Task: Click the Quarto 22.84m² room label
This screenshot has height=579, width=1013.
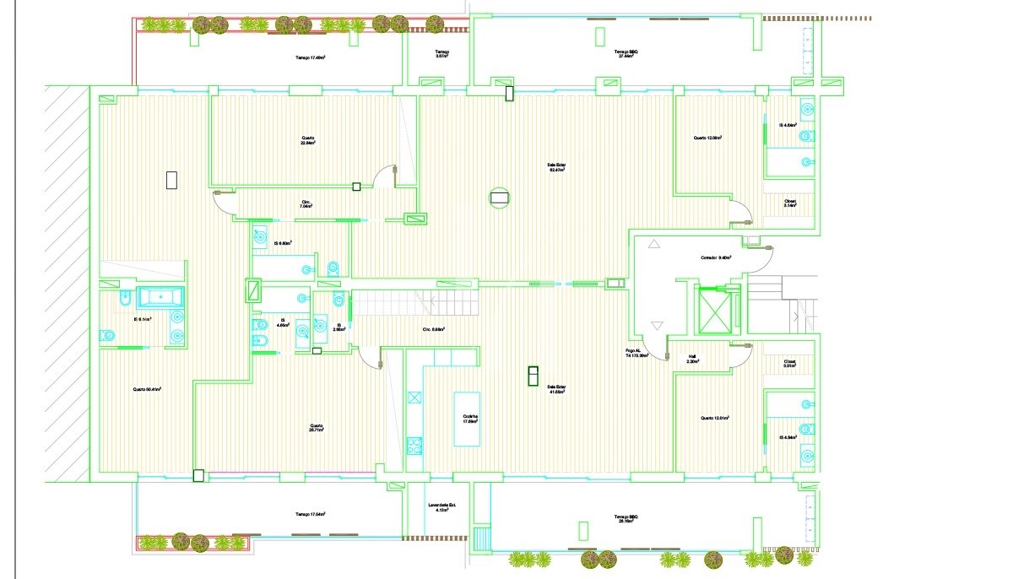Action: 307,141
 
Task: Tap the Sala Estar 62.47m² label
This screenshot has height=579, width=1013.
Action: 555,169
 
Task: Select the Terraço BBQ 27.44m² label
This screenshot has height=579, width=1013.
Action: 626,54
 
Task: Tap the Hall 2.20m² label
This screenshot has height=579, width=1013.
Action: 692,359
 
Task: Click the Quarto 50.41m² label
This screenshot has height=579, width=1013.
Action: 147,389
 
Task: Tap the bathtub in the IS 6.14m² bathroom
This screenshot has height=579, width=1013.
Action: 160,297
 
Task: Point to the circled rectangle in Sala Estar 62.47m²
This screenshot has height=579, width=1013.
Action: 499,198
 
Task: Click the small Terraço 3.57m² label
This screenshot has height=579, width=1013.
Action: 442,54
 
